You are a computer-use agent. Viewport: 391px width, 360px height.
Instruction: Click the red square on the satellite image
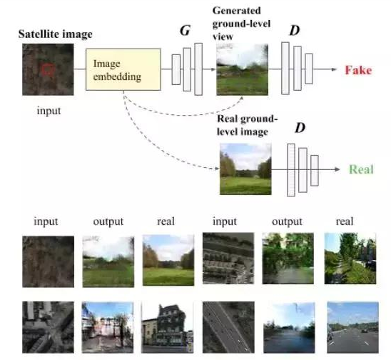48,69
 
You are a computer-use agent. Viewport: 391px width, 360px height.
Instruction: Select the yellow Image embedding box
123,69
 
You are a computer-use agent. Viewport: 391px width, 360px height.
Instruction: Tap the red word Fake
358,70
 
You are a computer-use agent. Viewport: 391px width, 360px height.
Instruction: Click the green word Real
361,169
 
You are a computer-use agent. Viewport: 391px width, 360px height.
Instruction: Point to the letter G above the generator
185,31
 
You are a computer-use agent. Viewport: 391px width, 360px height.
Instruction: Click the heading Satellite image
56,34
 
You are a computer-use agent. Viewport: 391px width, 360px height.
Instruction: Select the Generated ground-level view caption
241,24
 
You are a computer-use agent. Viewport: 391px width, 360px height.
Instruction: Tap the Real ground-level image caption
247,125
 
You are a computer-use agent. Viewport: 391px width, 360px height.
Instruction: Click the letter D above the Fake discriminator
295,31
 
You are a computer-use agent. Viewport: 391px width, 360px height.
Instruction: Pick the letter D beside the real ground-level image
300,128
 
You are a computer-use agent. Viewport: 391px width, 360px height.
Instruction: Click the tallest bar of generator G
198,69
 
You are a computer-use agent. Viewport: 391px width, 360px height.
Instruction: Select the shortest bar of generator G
176,70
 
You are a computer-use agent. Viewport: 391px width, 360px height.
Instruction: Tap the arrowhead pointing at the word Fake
335,69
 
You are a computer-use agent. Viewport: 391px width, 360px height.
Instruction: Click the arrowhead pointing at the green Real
337,169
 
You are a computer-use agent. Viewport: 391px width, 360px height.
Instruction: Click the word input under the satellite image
49,111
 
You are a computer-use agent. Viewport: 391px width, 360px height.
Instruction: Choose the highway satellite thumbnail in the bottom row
228,327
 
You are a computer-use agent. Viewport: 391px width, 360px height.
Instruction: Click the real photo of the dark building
167,327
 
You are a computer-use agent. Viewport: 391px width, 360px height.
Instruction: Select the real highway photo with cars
352,327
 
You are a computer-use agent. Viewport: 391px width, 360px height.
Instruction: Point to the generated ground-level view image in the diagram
243,70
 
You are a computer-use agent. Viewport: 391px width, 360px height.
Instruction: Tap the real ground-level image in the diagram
245,169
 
